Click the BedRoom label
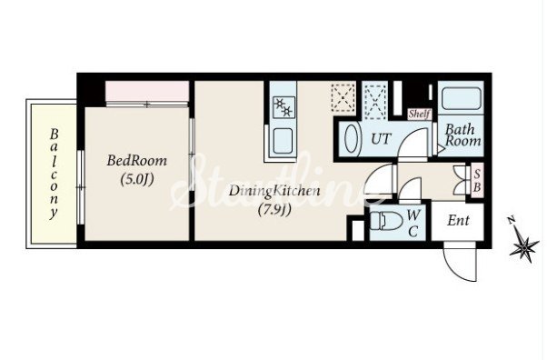point(137,161)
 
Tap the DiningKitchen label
point(274,191)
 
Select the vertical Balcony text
point(54,174)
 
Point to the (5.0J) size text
point(137,179)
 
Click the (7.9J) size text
point(274,210)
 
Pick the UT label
point(381,138)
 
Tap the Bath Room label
point(463,135)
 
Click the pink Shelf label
point(419,114)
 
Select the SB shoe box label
point(477,180)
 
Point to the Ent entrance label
point(458,221)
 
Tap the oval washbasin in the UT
point(352,138)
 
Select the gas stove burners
point(283,107)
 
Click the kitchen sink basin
point(283,141)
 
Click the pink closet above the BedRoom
point(147,91)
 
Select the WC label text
point(413,223)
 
